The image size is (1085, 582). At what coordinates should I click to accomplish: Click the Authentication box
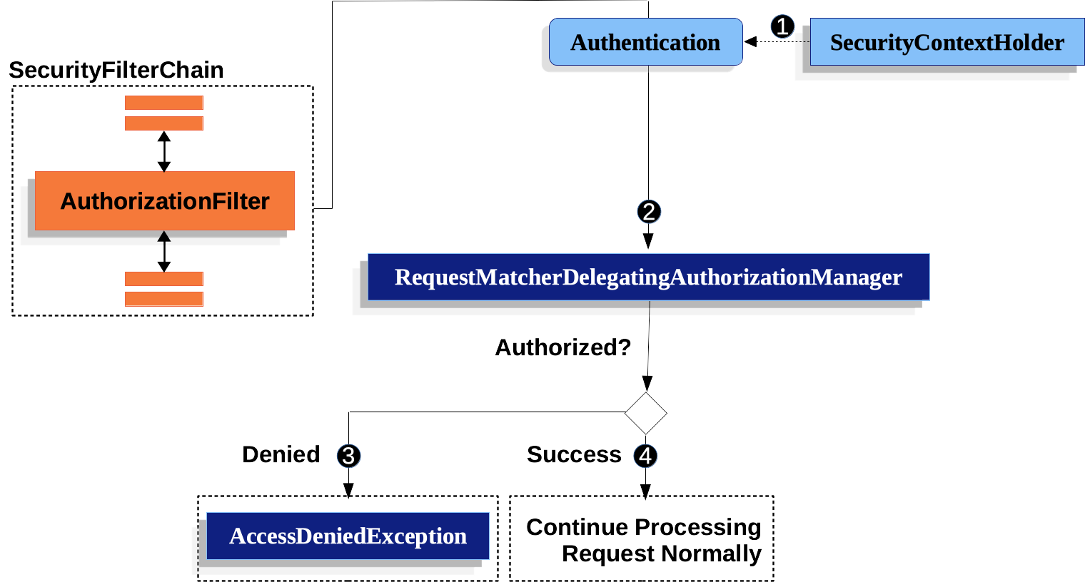pyautogui.click(x=645, y=43)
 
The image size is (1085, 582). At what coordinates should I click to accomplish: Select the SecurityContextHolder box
pyautogui.click(x=947, y=43)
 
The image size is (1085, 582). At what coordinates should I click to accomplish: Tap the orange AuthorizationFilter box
pyautogui.click(x=164, y=201)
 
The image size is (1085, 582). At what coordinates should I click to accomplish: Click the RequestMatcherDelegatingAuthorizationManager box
pyautogui.click(x=648, y=277)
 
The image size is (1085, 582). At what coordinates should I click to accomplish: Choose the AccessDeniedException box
pyautogui.click(x=348, y=536)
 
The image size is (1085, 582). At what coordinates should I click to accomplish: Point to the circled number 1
pyautogui.click(x=782, y=27)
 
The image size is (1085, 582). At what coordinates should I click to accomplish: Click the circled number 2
pyautogui.click(x=649, y=212)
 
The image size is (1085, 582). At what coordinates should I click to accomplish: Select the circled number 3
pyautogui.click(x=348, y=456)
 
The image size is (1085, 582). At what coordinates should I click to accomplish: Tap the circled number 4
pyautogui.click(x=645, y=456)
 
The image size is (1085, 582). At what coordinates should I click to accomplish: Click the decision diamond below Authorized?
pyautogui.click(x=645, y=414)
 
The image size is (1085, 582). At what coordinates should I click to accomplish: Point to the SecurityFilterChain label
pyautogui.click(x=116, y=71)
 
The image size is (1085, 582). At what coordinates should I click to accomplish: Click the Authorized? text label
pyautogui.click(x=563, y=347)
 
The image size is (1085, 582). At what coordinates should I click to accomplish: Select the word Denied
pyautogui.click(x=281, y=454)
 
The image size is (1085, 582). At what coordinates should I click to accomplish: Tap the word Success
pyautogui.click(x=574, y=454)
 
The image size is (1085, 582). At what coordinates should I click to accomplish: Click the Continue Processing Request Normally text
pyautogui.click(x=644, y=540)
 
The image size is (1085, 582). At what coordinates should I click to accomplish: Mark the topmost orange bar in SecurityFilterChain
pyautogui.click(x=164, y=103)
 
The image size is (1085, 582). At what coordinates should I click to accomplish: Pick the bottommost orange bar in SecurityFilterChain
pyautogui.click(x=164, y=299)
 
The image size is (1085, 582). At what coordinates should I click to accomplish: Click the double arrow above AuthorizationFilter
pyautogui.click(x=164, y=151)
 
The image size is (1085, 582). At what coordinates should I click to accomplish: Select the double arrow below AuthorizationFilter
pyautogui.click(x=164, y=251)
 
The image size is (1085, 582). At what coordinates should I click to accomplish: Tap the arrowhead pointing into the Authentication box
pyautogui.click(x=750, y=41)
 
